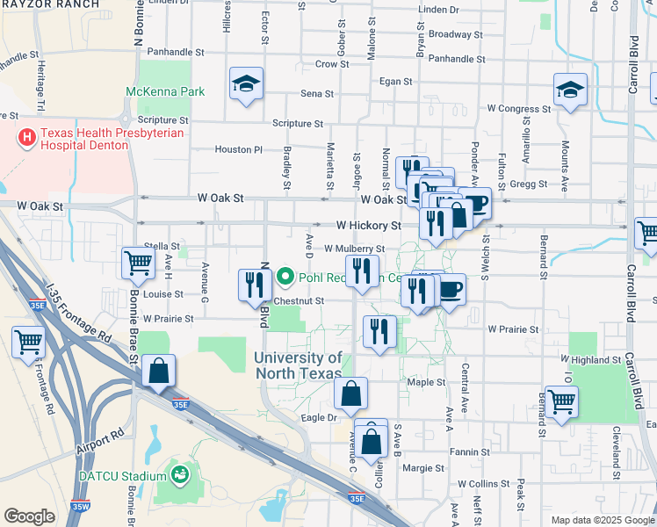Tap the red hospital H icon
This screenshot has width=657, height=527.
point(27,138)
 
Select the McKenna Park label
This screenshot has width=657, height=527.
point(165,91)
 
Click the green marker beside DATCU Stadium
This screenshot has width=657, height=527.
point(181,475)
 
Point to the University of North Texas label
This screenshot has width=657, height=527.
point(299,365)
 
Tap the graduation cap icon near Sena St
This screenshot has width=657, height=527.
point(246,84)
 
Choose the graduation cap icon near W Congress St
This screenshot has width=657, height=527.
point(570,90)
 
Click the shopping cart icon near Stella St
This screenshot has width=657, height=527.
point(139,262)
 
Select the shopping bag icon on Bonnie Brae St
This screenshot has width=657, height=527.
point(158,371)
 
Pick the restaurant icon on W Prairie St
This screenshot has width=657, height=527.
point(379,332)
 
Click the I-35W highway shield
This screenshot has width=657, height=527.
point(82,506)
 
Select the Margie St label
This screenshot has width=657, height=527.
point(423,468)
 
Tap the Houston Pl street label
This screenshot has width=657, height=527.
point(239,149)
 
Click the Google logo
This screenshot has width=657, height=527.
point(29,516)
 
